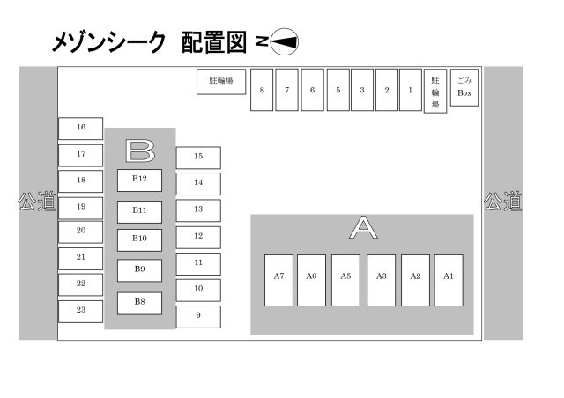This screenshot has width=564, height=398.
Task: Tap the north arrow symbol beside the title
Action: click(277, 41)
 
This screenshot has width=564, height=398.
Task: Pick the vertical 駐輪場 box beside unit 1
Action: click(435, 91)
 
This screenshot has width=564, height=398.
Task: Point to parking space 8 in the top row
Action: click(262, 90)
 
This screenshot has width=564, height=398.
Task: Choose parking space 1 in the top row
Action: click(410, 90)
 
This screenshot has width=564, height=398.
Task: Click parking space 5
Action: click(338, 90)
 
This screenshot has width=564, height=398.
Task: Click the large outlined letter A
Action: click(363, 228)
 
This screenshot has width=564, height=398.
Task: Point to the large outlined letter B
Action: click(139, 151)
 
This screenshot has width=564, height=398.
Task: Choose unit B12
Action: click(139, 180)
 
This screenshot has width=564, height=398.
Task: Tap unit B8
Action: click(139, 303)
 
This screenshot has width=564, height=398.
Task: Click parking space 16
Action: click(81, 128)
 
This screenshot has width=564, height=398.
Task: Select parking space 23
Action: click(81, 311)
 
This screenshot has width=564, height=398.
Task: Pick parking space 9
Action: click(198, 316)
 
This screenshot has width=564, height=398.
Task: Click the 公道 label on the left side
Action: click(37, 203)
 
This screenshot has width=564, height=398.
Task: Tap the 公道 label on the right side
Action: click(503, 203)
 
